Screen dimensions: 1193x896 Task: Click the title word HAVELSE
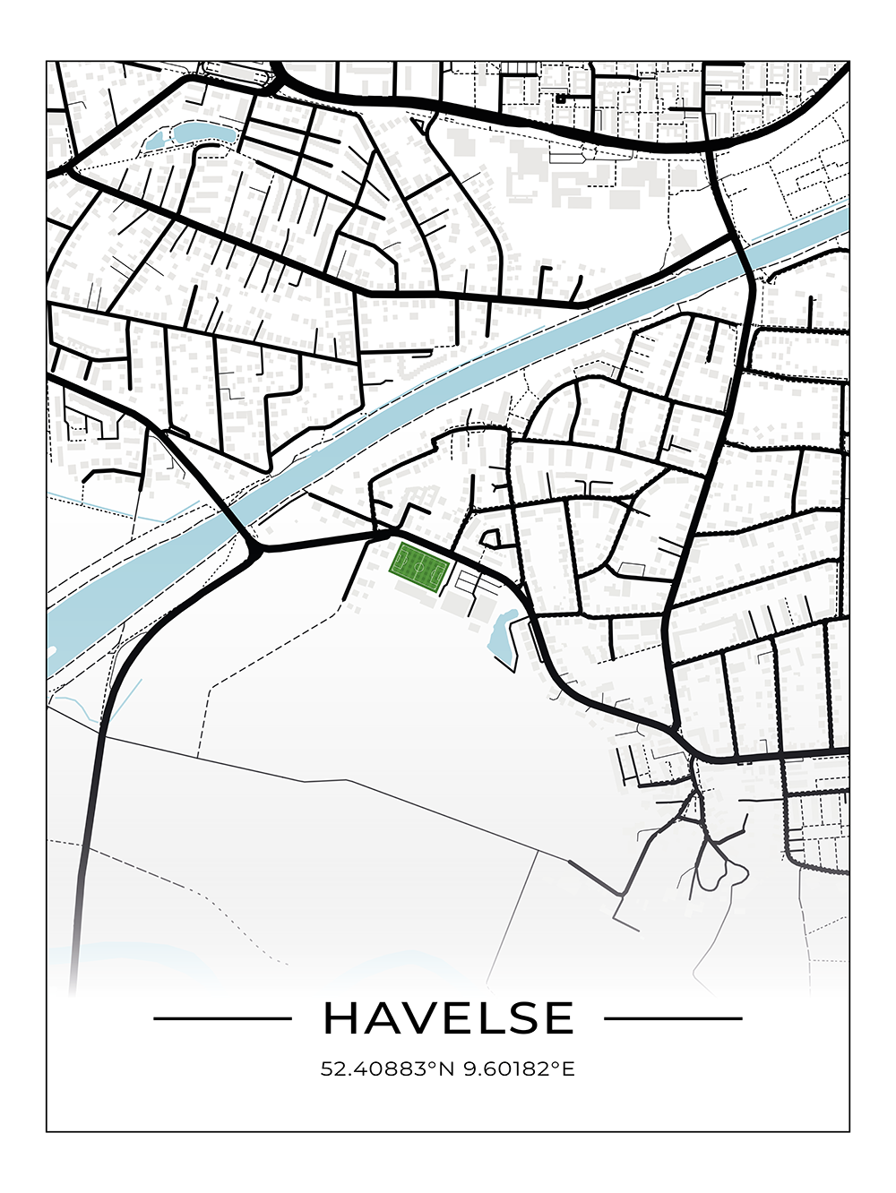tap(448, 1017)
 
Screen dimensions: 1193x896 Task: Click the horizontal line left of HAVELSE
tap(223, 1018)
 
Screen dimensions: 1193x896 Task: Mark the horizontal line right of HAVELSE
tap(673, 1018)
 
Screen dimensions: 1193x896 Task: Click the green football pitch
tap(418, 568)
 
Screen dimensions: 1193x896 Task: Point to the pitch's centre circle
tap(418, 568)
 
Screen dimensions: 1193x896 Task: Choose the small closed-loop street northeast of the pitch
tap(491, 538)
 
